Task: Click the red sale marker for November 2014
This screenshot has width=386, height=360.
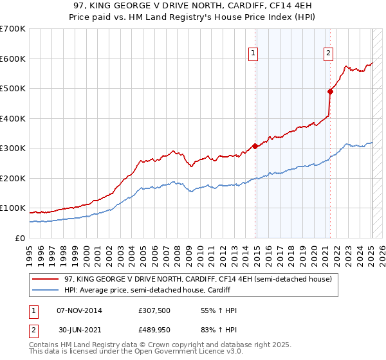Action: pyautogui.click(x=255, y=146)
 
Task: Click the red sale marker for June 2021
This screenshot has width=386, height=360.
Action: pyautogui.click(x=331, y=91)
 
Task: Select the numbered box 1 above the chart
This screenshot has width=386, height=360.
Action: pyautogui.click(x=253, y=53)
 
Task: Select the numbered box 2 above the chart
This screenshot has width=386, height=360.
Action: pyautogui.click(x=328, y=53)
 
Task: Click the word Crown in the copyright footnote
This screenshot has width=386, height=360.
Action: pyautogui.click(x=159, y=345)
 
